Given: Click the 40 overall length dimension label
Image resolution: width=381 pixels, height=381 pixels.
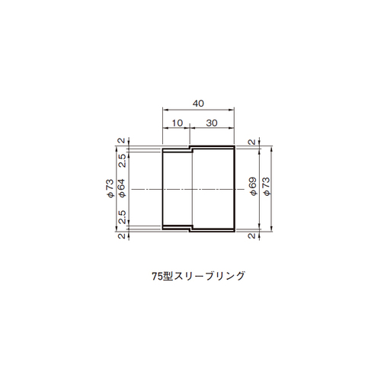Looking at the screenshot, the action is tap(198, 104).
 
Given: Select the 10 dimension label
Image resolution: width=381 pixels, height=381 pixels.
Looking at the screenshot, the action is tap(178, 123).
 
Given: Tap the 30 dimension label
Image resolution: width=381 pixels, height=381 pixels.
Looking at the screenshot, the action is tap(212, 123).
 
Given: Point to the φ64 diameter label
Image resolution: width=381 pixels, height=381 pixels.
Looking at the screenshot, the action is tap(122, 188).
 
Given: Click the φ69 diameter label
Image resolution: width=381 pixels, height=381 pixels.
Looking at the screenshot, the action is tap(253, 186).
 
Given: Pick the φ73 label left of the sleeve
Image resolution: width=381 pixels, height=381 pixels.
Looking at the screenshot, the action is tap(110, 188).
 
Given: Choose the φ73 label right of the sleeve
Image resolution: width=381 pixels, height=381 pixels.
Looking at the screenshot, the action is tap(267, 186).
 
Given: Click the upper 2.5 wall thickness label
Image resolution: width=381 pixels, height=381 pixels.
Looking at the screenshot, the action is tap(122, 161).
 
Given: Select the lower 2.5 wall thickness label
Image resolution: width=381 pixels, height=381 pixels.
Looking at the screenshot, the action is tap(122, 216).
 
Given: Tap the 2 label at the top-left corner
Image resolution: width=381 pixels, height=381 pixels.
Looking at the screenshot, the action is tap(122, 140).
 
